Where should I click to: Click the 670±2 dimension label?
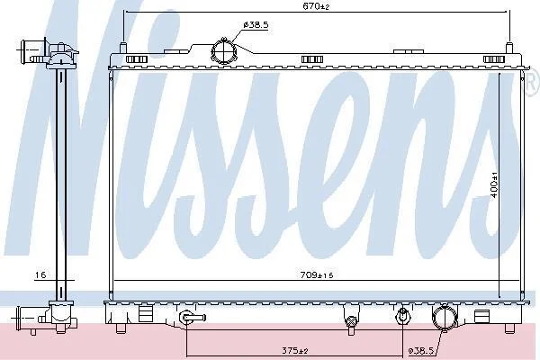click(316, 6)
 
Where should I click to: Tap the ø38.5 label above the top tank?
click(256, 25)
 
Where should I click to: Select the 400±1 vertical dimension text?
click(494, 186)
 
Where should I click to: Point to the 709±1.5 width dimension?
click(317, 274)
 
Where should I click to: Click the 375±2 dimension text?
click(295, 351)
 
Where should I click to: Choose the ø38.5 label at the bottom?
click(421, 351)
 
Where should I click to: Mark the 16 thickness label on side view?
click(40, 274)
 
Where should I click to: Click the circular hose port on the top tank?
click(224, 51)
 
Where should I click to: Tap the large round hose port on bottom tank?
click(445, 317)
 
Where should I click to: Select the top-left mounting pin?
click(123, 47)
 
